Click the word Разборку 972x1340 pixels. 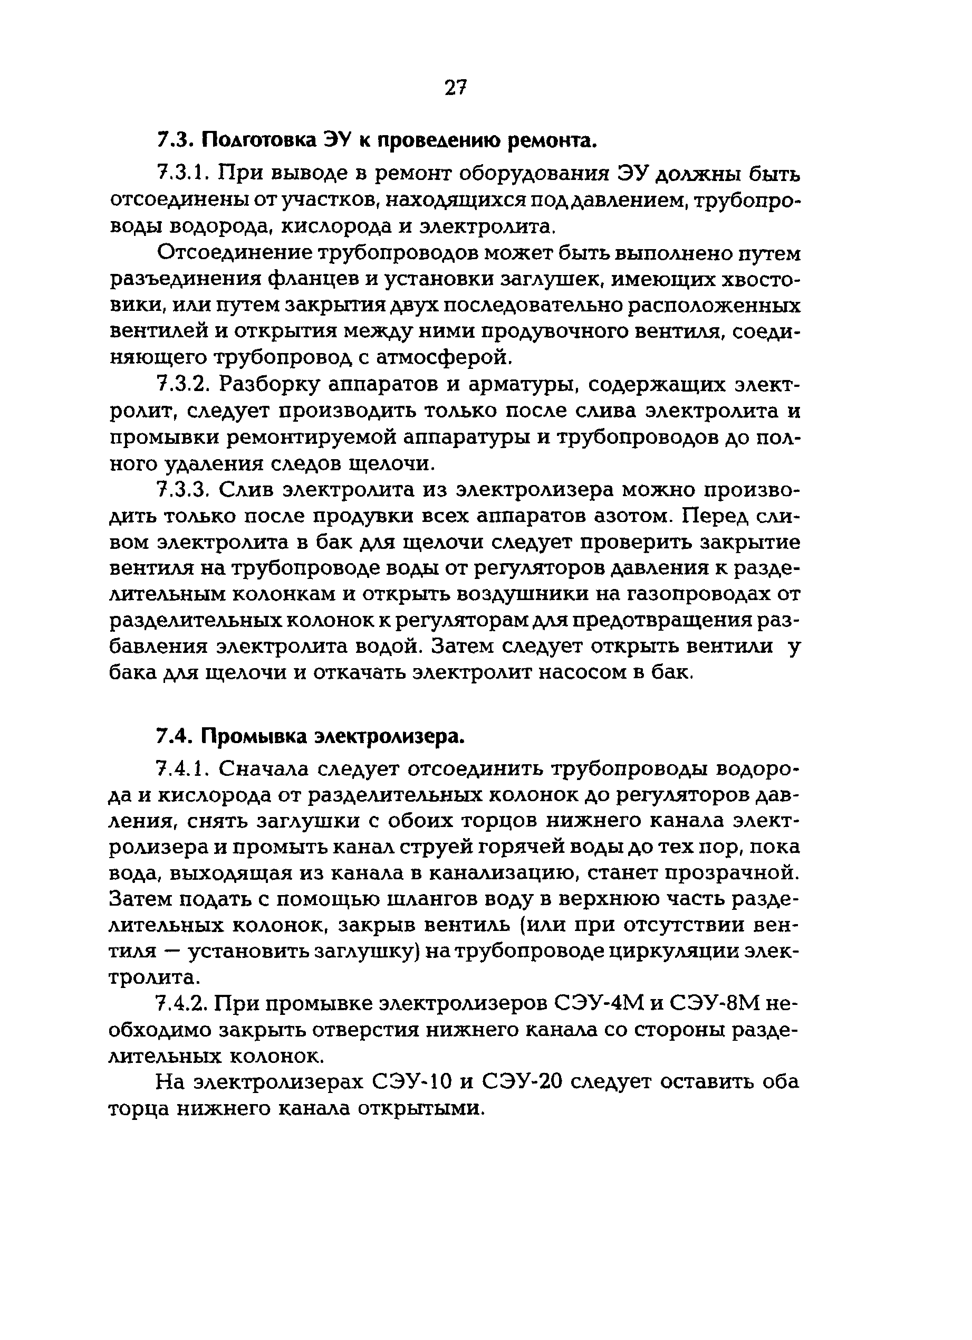coord(270,385)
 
